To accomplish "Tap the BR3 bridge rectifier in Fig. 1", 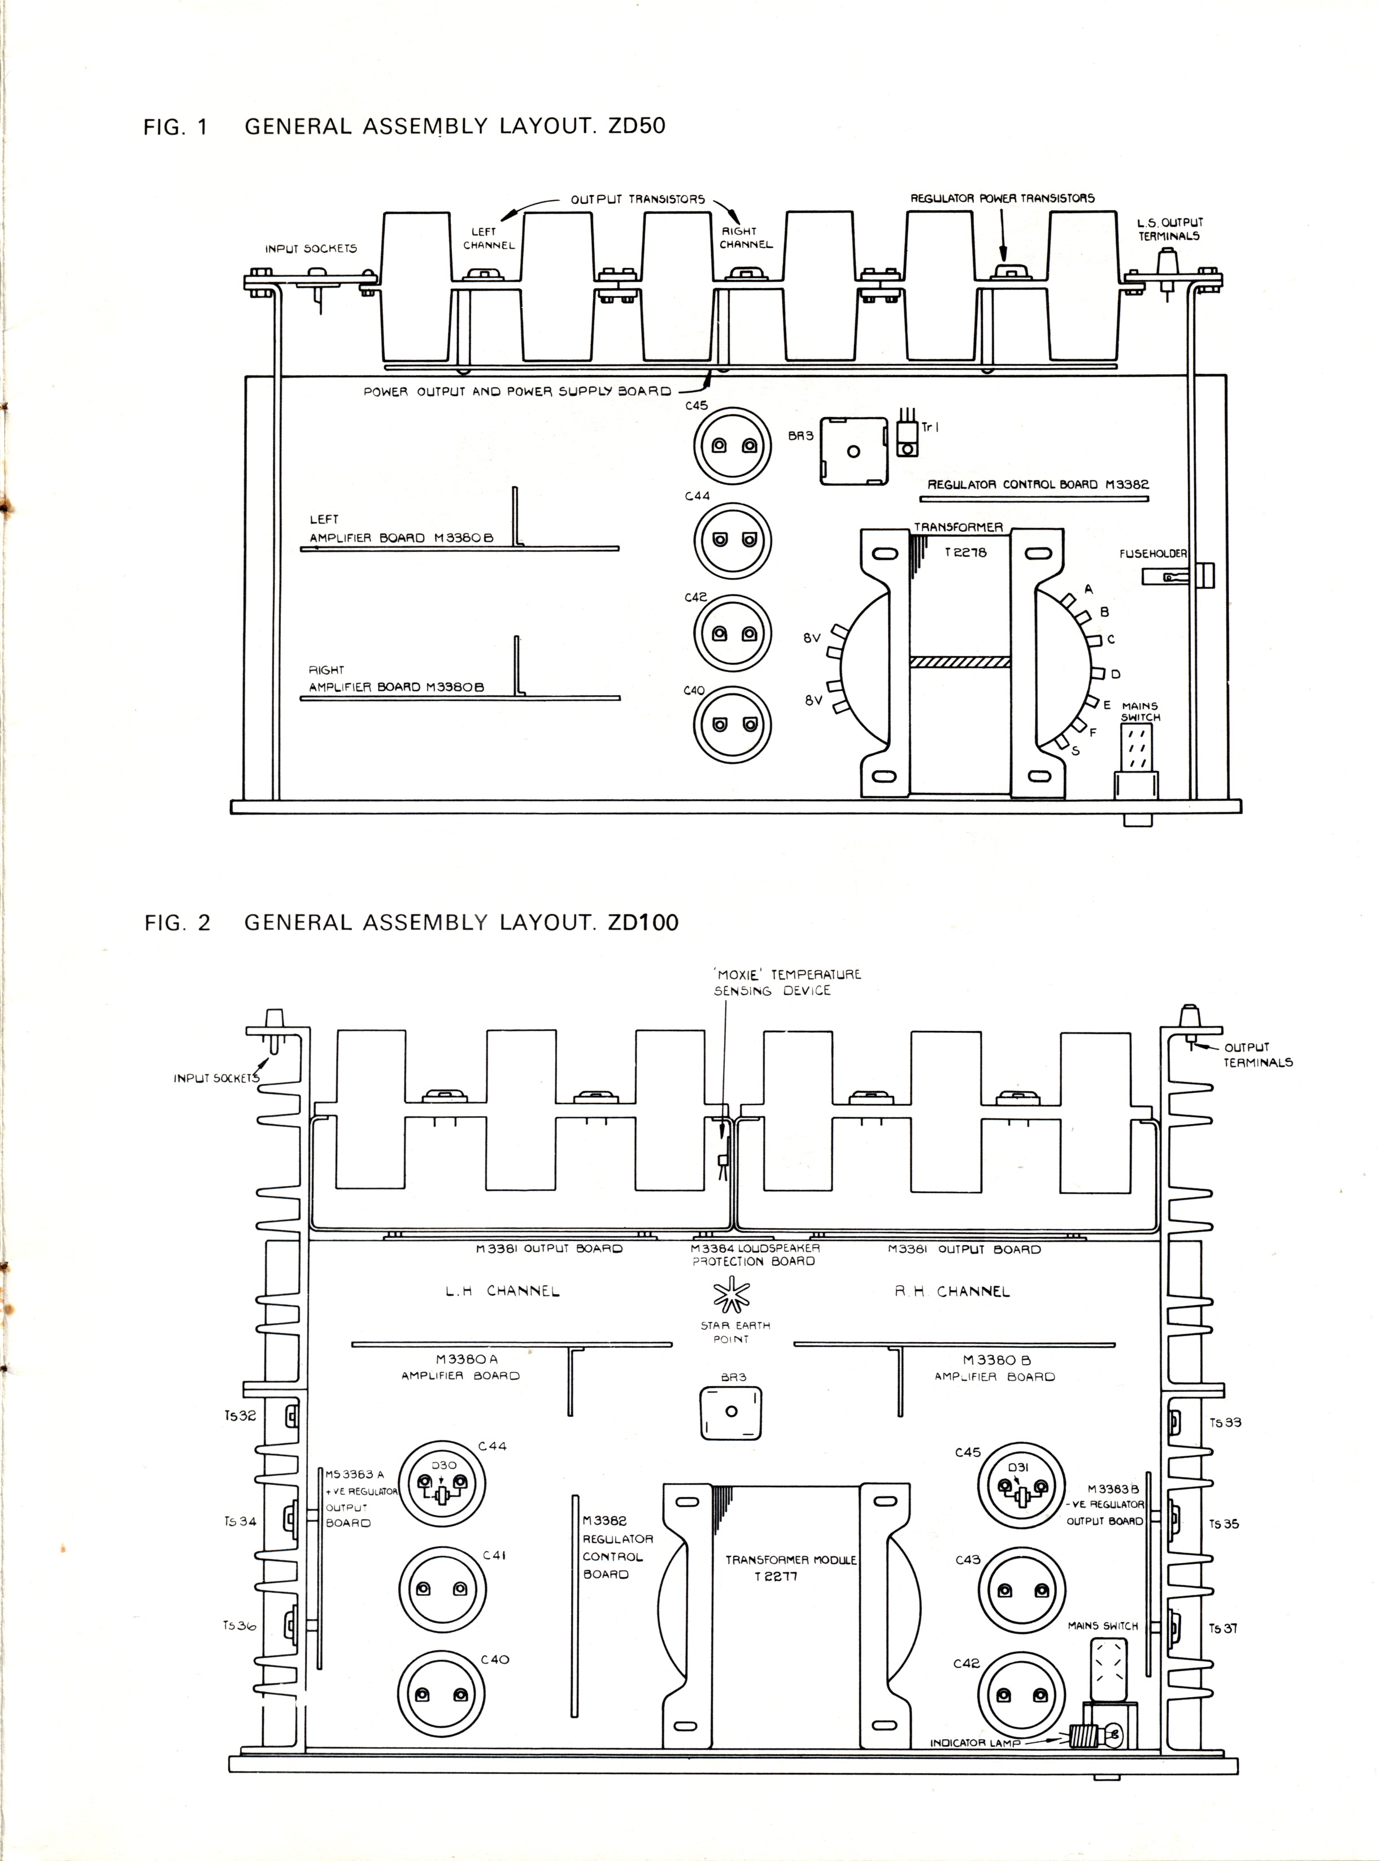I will [853, 451].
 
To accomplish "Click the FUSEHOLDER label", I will [1152, 553].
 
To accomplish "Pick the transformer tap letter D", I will [1115, 674].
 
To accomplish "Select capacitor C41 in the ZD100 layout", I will [441, 1589].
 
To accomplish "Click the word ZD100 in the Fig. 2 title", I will [643, 922].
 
